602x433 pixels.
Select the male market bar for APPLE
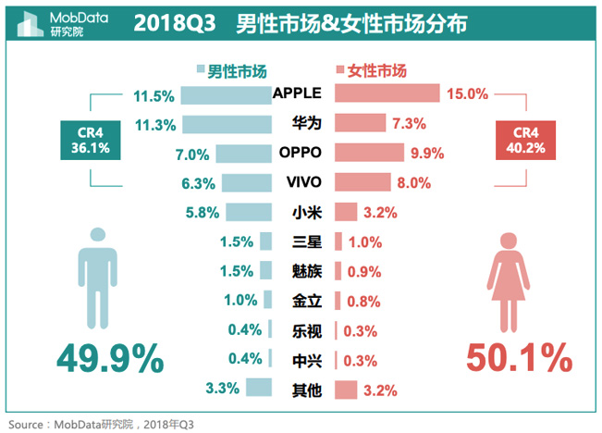point(226,94)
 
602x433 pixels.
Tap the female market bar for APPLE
point(385,93)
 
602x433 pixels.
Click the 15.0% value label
point(466,93)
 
